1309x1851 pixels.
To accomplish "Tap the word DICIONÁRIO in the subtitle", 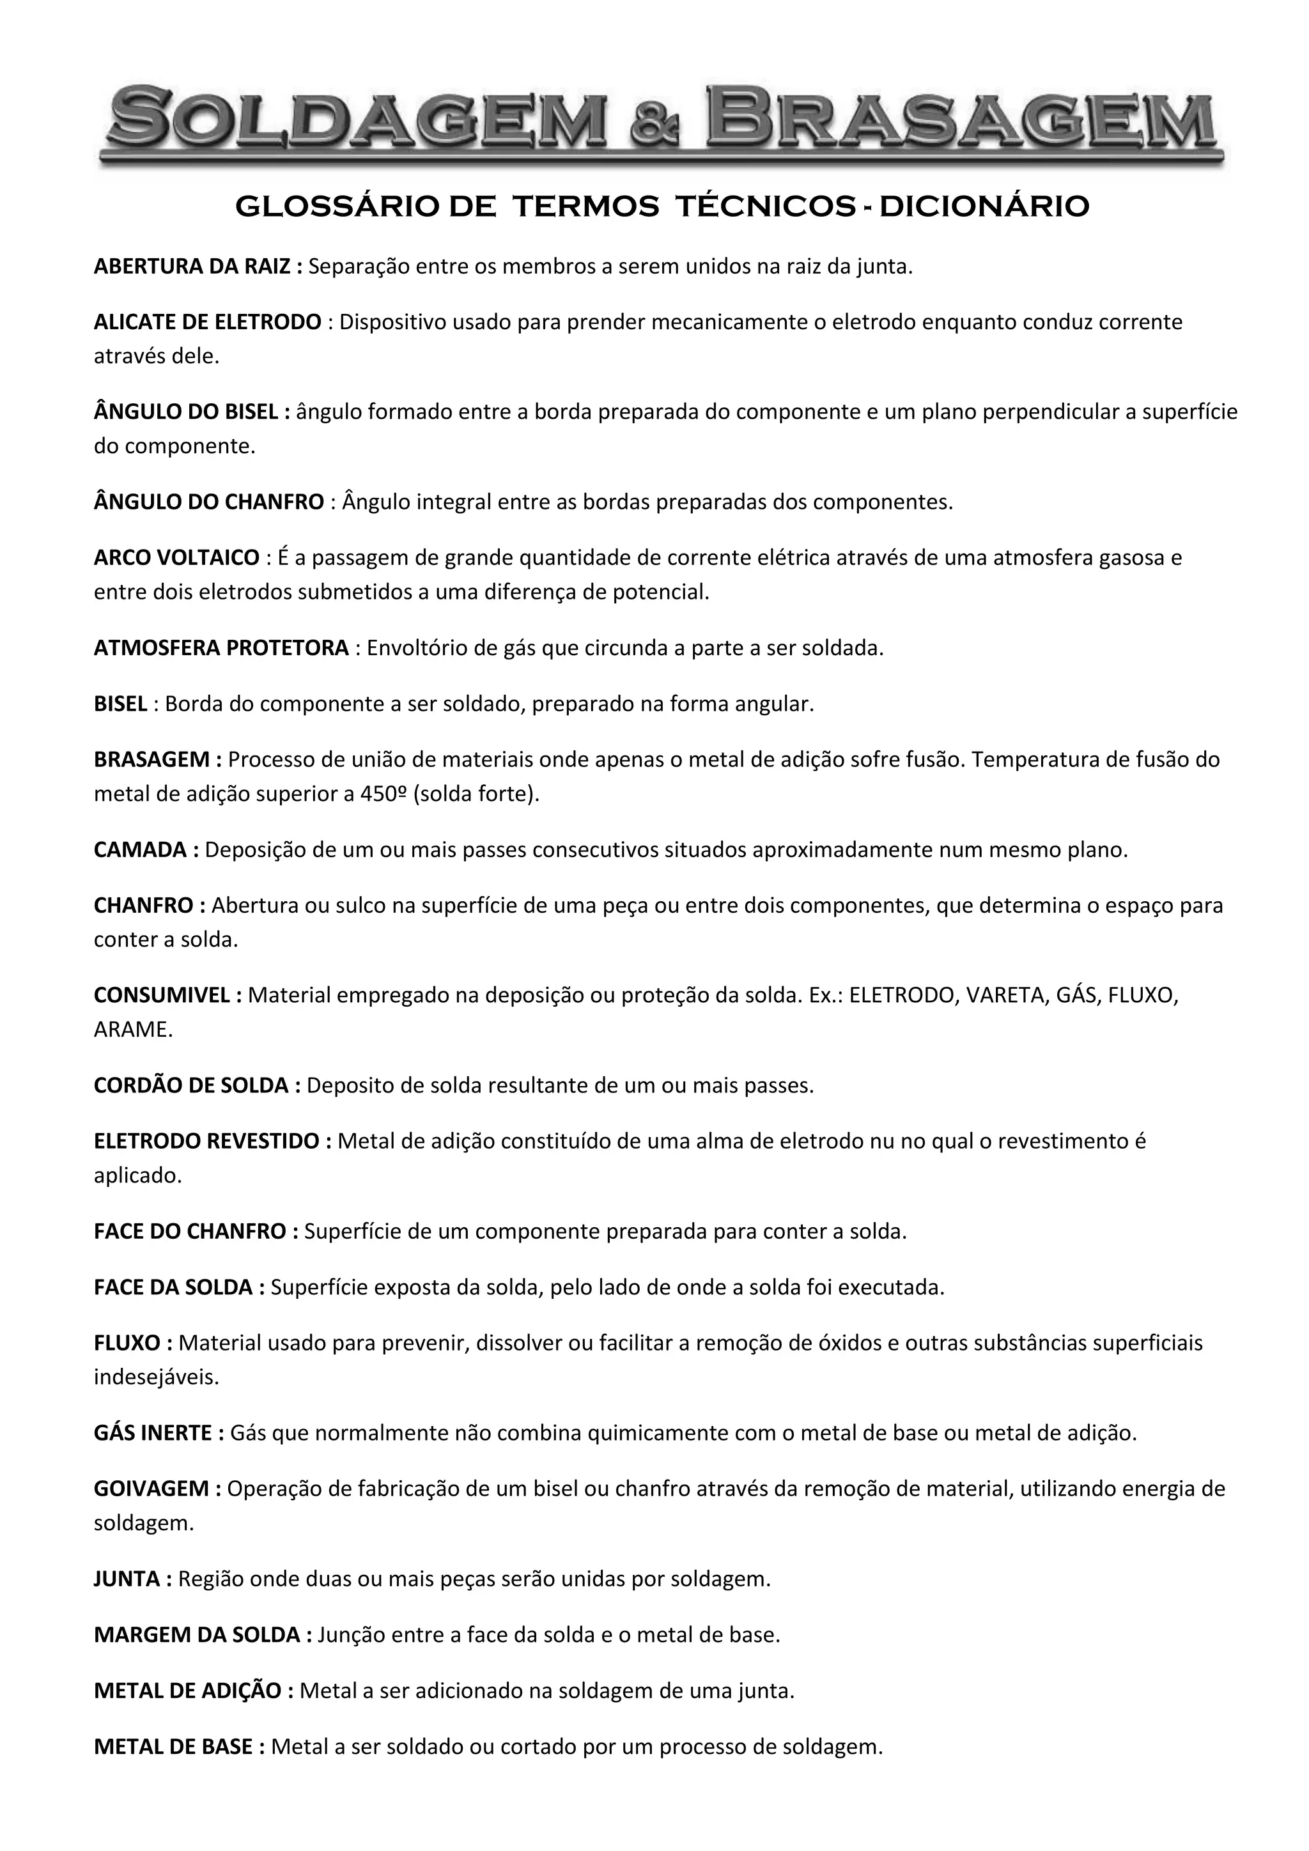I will pos(984,207).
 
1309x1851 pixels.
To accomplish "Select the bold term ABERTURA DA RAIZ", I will pos(192,267).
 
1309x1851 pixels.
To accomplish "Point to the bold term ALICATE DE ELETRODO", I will pos(208,323).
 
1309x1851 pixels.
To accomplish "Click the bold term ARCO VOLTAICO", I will pos(176,558).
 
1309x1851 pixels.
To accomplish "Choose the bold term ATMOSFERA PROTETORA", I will pos(222,648).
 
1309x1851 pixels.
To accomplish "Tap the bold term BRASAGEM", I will pos(152,759).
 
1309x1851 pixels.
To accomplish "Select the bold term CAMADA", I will pos(140,849).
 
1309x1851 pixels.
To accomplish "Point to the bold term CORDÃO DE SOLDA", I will pos(191,1085).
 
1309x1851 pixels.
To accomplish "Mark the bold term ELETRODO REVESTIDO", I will pos(206,1141).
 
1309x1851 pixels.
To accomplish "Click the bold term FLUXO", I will pos(127,1343).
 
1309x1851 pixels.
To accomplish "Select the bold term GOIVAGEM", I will pos(151,1488).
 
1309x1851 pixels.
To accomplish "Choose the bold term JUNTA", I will pos(127,1579).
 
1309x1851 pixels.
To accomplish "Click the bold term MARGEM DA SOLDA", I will pos(198,1635).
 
